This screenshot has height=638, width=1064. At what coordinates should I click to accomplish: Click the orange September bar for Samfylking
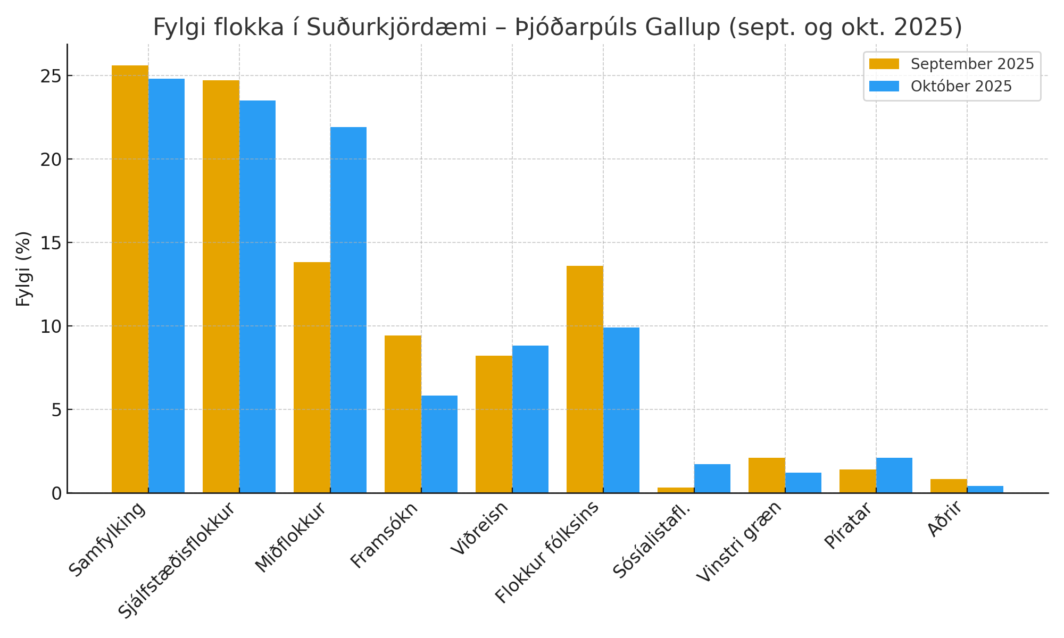pos(130,279)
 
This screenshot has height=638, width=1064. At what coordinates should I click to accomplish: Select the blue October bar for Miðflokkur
pos(348,310)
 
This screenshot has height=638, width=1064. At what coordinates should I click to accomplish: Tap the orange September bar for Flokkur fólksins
pos(585,379)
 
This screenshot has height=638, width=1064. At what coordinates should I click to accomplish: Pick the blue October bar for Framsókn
pos(439,444)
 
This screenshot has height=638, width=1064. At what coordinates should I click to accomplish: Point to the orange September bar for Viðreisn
pos(494,424)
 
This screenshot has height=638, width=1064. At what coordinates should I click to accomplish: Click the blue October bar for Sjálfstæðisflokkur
pos(257,297)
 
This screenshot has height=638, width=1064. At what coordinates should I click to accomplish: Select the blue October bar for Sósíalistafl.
pos(712,478)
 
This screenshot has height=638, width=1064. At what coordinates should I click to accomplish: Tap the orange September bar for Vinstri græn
pos(767,475)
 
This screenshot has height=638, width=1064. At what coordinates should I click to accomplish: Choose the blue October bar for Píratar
pos(894,475)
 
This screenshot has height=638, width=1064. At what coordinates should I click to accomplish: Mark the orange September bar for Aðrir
pos(949,486)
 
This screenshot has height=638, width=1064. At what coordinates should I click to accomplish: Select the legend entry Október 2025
pos(961,86)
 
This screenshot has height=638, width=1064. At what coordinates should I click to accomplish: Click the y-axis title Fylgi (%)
pos(23,268)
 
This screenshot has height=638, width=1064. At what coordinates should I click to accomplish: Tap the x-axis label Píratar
pos(849,525)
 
